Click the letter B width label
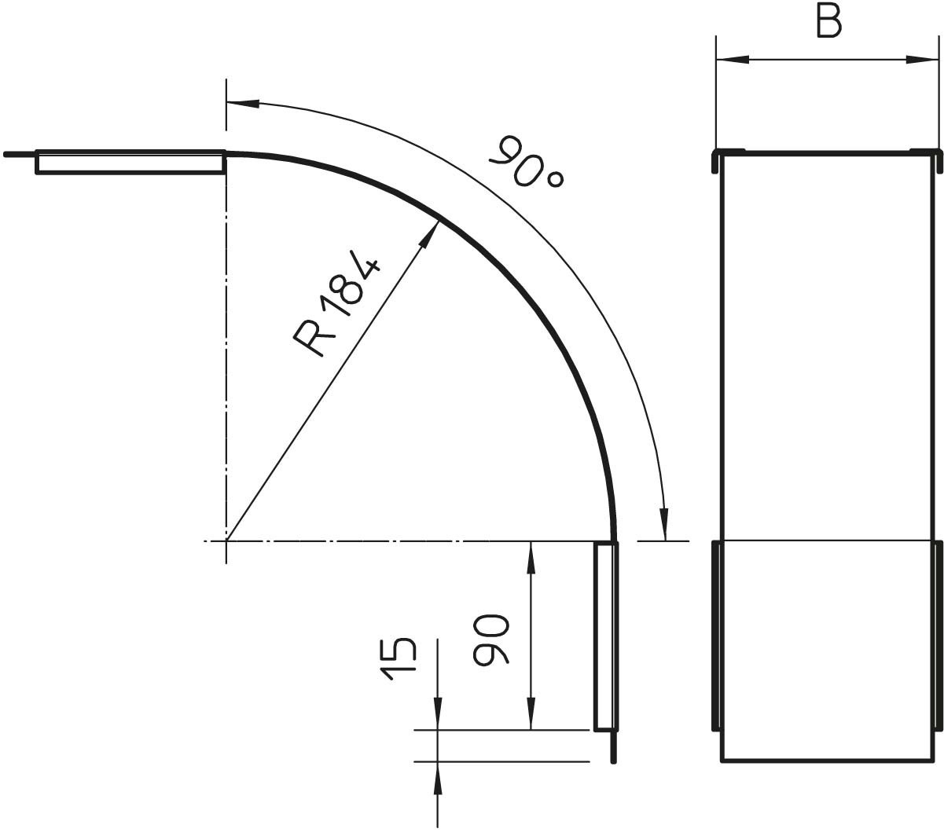tap(829, 22)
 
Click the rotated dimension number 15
tap(399, 659)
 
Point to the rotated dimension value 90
tap(490, 639)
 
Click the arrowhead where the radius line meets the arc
tap(430, 234)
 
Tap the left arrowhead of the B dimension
tap(733, 59)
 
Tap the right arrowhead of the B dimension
tap(921, 59)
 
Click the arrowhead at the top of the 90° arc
tap(243, 103)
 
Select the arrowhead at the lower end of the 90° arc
tap(664, 523)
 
